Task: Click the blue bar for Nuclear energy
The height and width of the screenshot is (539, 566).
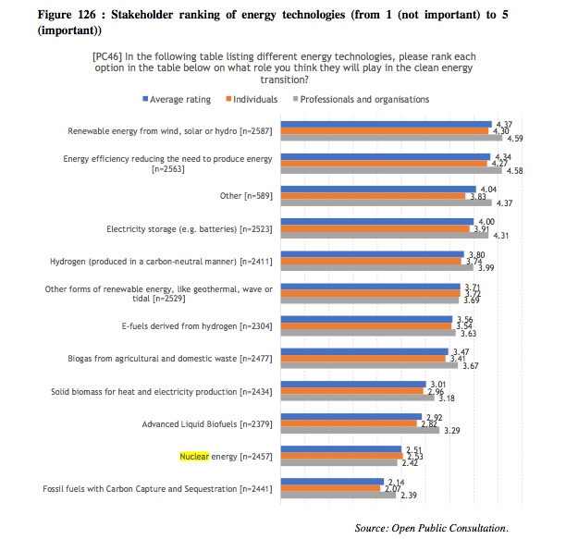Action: [342, 448]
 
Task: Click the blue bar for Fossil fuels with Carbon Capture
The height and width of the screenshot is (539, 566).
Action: [332, 481]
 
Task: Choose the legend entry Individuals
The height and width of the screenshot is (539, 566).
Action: [256, 99]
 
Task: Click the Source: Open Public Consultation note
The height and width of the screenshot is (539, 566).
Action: [431, 528]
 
